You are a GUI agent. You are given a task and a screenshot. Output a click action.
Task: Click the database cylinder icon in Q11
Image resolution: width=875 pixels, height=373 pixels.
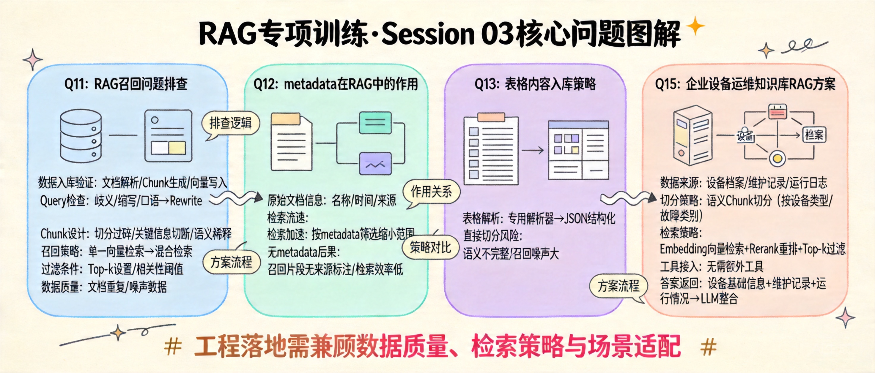point(81,136)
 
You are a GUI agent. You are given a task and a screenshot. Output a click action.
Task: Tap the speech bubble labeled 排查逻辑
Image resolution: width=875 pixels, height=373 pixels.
point(230,123)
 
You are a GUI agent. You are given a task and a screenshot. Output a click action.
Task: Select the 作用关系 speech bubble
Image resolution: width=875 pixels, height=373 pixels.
point(431,192)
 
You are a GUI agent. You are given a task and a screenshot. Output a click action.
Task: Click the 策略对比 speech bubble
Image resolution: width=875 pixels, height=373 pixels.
point(430,247)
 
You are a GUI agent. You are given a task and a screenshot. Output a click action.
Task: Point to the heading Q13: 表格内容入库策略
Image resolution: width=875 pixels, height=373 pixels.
point(535,84)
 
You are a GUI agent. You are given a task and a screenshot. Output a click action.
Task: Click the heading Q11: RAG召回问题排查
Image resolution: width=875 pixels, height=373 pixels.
point(126,84)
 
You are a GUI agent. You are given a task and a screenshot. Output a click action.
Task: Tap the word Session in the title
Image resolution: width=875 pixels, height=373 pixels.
point(428,34)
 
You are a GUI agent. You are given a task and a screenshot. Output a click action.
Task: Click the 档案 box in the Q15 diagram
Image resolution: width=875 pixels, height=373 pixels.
point(814,135)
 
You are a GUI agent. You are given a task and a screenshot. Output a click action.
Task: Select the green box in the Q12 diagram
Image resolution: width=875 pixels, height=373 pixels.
point(375,123)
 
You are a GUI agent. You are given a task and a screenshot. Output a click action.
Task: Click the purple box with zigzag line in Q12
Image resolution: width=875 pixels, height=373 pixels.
point(375,164)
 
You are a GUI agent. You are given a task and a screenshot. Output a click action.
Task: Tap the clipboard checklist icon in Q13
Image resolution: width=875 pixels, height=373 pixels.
point(491,149)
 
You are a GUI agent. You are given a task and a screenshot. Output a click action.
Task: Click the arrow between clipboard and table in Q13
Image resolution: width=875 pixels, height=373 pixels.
point(533,150)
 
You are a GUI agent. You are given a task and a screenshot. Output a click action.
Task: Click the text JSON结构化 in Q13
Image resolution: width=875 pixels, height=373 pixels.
point(589,219)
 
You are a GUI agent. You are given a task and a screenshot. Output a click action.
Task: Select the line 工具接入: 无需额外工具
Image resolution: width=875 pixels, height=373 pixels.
point(712,266)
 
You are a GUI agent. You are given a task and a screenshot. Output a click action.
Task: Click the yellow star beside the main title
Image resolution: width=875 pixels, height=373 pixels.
point(695,26)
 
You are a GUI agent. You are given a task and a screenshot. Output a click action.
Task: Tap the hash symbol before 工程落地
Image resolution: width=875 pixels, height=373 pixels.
point(173,347)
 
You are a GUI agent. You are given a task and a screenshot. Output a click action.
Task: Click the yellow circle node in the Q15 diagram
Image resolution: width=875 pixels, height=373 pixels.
point(777,159)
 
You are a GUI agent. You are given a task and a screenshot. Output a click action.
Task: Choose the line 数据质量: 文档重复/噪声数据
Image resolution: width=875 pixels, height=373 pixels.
point(104,287)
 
